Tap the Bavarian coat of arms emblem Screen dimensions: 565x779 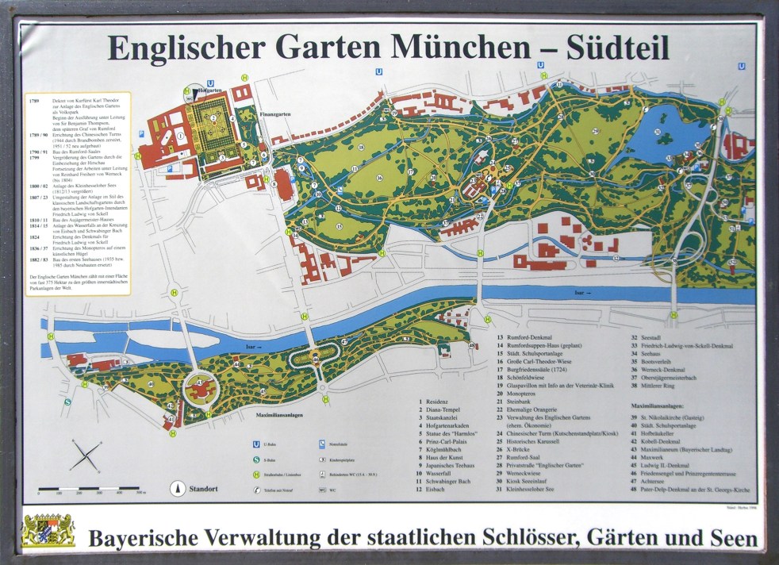[47, 531]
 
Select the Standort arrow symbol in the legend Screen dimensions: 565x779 [178, 490]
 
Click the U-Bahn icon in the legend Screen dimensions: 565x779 [256, 445]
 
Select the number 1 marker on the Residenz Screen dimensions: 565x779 [181, 136]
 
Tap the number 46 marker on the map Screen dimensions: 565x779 [316, 359]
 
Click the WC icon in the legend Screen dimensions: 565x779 [323, 490]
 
